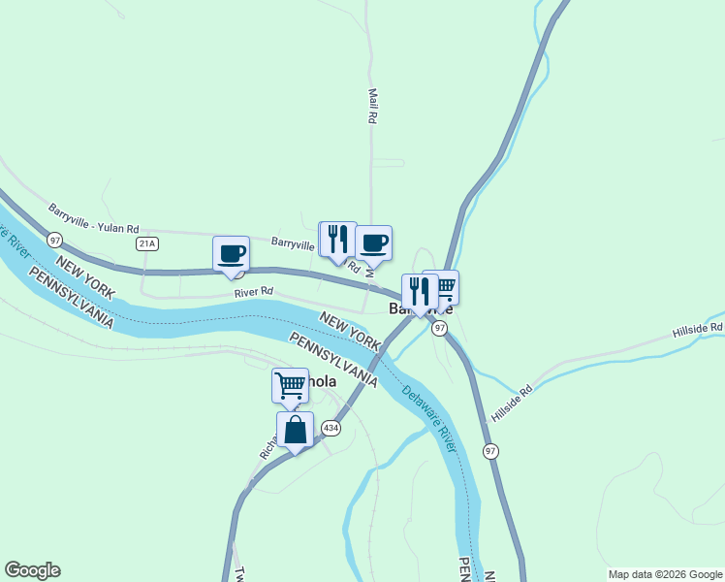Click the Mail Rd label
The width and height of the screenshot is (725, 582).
click(371, 106)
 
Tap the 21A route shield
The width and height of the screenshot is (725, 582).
click(146, 242)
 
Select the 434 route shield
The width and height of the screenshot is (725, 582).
click(331, 427)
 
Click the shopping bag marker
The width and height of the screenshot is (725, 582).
click(295, 429)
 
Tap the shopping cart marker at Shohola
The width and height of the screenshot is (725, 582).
click(290, 385)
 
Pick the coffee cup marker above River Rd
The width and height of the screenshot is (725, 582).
click(231, 253)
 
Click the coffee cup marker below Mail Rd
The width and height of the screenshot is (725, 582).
click(373, 242)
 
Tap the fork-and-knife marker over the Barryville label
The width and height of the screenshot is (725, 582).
click(420, 290)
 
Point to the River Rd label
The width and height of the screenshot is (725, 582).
click(254, 292)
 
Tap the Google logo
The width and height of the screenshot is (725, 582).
click(32, 570)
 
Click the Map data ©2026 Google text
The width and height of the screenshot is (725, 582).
click(664, 574)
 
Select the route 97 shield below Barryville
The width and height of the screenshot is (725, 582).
click(439, 329)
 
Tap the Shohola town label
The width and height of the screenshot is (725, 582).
click(320, 382)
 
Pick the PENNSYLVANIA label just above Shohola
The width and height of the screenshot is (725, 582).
click(332, 358)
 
